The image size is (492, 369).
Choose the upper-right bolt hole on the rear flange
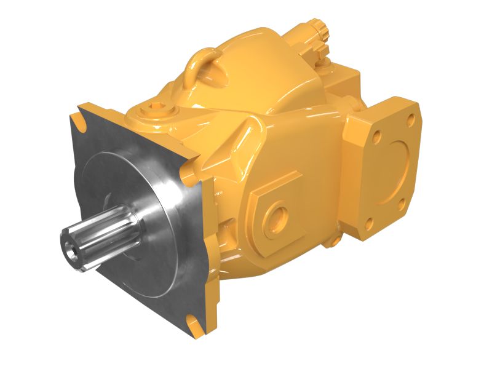click(x=408, y=117)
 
